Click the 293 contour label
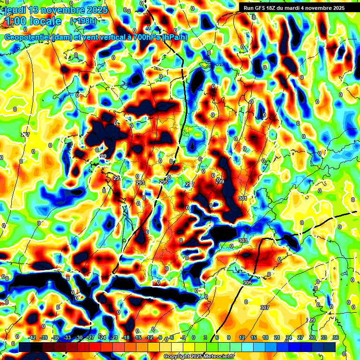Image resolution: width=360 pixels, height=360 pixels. (x=140, y=183)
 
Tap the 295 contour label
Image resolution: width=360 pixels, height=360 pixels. (x=164, y=182)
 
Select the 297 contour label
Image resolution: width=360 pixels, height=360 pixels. (x=190, y=184)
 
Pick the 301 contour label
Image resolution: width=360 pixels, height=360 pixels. (x=242, y=199)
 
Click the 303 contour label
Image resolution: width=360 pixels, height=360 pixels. (x=242, y=241)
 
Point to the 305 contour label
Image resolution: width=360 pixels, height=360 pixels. (x=247, y=283)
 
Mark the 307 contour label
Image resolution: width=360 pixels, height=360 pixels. (x=265, y=307)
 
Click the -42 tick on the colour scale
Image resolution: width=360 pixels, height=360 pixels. (x=32, y=337)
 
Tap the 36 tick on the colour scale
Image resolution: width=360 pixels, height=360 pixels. (x=335, y=337)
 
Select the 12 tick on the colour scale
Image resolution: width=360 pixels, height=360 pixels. (x=241, y=337)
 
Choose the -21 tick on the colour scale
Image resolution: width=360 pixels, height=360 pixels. (x=114, y=337)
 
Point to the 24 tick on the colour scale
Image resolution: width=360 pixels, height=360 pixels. (x=288, y=337)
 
